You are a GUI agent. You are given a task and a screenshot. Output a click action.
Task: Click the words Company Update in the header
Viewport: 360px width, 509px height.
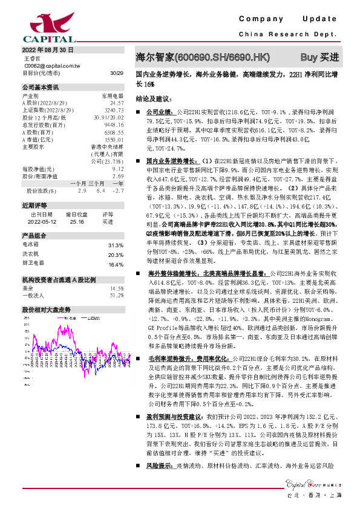[290, 19]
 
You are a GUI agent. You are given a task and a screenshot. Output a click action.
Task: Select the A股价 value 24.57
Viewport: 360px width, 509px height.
[117, 103]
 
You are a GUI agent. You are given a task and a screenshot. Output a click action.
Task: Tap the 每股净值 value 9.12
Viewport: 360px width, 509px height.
[119, 169]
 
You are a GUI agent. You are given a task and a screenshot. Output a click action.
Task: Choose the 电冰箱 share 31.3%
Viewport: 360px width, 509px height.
[115, 229]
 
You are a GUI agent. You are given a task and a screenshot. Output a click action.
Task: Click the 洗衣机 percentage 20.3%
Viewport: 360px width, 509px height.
[115, 238]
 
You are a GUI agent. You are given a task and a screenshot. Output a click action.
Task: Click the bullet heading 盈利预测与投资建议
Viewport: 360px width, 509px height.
[176, 417]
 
